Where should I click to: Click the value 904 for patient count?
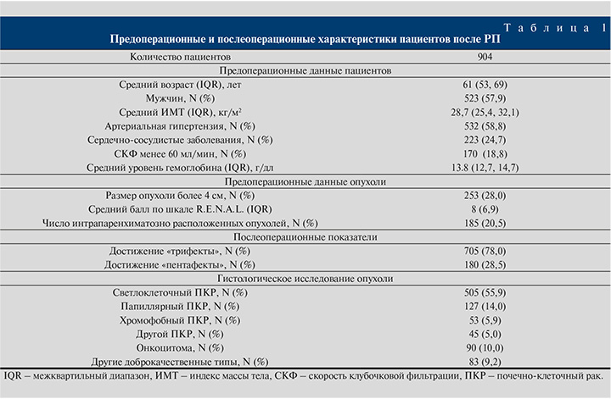(485, 57)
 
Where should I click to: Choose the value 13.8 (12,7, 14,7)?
(485, 168)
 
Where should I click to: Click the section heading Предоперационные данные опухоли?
(305, 181)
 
